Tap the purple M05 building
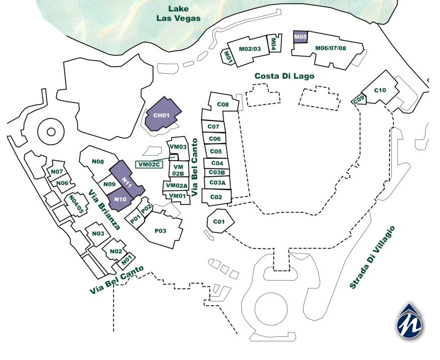(300, 37)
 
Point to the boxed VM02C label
(149, 164)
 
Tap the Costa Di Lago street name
(284, 76)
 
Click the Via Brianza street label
(104, 210)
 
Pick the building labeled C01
(218, 221)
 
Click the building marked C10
(380, 90)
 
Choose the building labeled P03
(160, 230)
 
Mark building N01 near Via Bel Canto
(126, 260)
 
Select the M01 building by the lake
(228, 56)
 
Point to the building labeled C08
(223, 104)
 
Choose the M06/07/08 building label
(331, 48)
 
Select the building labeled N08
(98, 162)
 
